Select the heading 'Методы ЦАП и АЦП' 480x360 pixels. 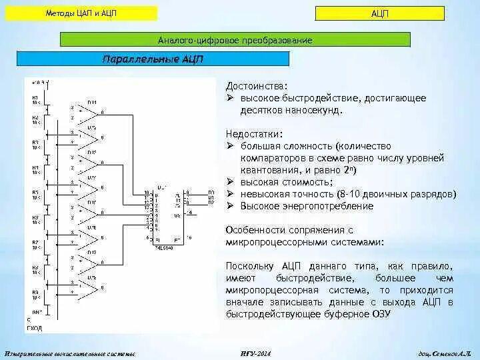coord(83,14)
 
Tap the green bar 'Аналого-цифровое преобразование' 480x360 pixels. coord(235,41)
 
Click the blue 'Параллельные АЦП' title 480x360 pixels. coord(153,59)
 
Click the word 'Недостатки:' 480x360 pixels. coord(253,133)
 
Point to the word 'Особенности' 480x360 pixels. coord(257,230)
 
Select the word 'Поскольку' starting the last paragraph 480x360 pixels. coord(252,266)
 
